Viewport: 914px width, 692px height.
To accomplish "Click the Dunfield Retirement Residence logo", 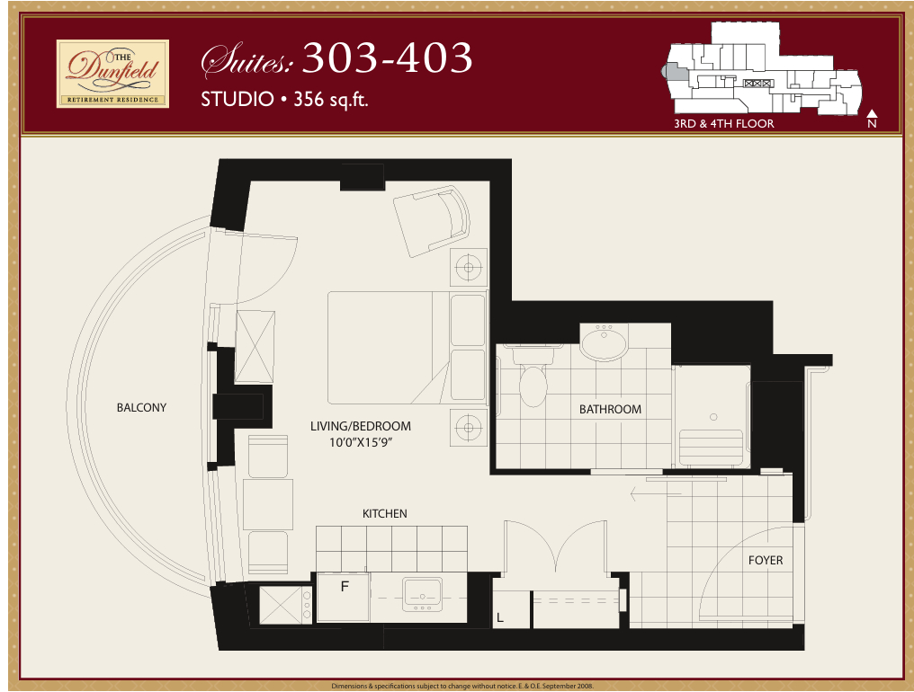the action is pos(112,74).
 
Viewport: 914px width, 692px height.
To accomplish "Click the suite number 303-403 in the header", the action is pos(387,58).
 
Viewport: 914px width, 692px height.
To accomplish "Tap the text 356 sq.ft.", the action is pos(330,99).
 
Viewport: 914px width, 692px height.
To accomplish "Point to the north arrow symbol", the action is pos(872,113).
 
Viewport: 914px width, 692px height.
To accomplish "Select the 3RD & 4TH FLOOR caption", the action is pos(724,123).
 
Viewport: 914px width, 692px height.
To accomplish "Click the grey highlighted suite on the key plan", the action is pos(675,72).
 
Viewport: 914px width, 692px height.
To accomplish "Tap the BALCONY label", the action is pos(141,408).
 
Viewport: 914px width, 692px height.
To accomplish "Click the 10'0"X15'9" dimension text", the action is pos(360,442).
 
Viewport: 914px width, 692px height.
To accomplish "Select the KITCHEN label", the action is pos(385,514).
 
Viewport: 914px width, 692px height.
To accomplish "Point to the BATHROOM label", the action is pos(610,410).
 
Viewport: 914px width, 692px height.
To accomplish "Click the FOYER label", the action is pos(766,561).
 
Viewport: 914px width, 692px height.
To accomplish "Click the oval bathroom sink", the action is pos(604,342).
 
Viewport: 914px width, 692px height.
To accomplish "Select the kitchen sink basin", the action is pos(422,595).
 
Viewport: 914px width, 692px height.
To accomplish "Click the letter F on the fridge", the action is pos(345,587).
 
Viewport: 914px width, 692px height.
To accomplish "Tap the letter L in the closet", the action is pos(499,618).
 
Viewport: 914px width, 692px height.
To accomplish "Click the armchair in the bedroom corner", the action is pos(432,221).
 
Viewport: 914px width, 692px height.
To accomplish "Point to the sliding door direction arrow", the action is pos(656,494).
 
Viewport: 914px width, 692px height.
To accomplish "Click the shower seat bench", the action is pos(712,448).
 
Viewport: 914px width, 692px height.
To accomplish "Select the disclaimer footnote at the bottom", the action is pos(462,687).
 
